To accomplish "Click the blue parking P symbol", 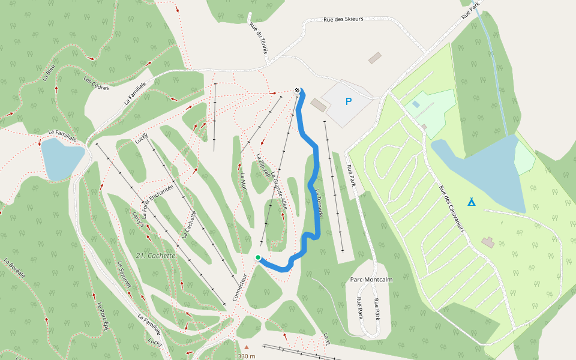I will [x=349, y=102].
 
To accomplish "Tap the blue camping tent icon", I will [x=472, y=202].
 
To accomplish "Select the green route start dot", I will [x=258, y=257].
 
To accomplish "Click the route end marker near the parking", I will [x=297, y=91].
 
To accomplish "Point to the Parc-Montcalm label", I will [x=371, y=280].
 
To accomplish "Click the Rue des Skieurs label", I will [x=343, y=19].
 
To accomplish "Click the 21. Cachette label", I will [x=155, y=256].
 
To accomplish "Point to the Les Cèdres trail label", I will [x=96, y=83].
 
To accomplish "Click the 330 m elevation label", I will [x=247, y=356].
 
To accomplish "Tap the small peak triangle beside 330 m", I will [x=246, y=347].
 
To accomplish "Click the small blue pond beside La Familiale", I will [x=62, y=158].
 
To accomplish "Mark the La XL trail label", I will [x=327, y=338].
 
